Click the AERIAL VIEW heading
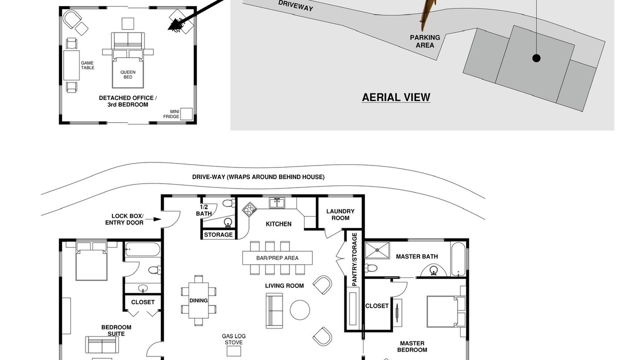[x=396, y=97]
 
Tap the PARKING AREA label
[x=425, y=41]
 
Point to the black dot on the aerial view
[x=536, y=58]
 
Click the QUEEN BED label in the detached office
[x=127, y=74]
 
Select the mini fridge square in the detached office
[x=186, y=113]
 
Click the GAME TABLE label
[x=87, y=65]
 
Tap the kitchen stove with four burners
[x=249, y=209]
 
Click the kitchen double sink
[x=277, y=203]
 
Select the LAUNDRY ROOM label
[x=340, y=214]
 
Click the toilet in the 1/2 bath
[x=229, y=203]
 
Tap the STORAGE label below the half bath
[x=218, y=234]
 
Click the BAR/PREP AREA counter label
[x=277, y=258]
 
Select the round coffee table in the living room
[x=299, y=310]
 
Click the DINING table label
[x=198, y=300]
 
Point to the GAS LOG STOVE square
[x=233, y=351]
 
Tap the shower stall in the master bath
[x=377, y=250]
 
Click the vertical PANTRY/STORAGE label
[x=354, y=259]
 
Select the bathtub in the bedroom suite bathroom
[x=142, y=249]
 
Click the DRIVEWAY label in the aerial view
[x=295, y=6]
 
